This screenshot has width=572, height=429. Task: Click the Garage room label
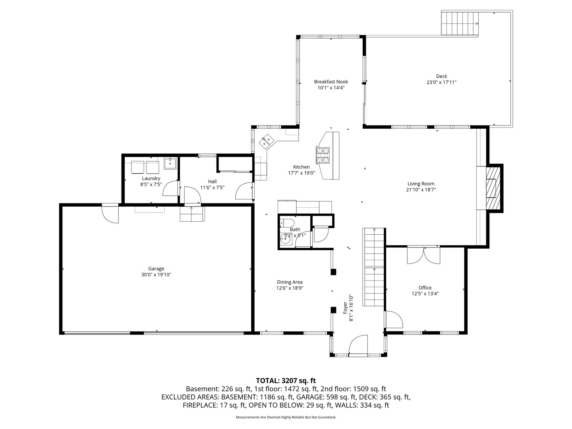coord(156,269)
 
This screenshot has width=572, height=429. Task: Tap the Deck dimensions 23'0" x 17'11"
coord(441,83)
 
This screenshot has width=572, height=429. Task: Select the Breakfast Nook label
coord(331,82)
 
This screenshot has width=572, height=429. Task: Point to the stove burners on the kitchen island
coord(323,155)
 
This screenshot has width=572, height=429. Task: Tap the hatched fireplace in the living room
coord(494,188)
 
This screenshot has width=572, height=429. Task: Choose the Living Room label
coord(421,184)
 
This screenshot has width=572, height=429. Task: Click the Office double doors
coord(424,255)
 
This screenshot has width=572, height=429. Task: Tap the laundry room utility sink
coord(170,163)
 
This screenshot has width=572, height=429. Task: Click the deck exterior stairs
coord(460,23)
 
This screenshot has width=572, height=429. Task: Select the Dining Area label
coord(290,282)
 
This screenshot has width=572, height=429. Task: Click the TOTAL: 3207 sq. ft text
coord(286,381)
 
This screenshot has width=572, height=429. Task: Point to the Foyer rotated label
coord(346,308)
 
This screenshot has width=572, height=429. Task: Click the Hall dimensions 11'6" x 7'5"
coord(212,187)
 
